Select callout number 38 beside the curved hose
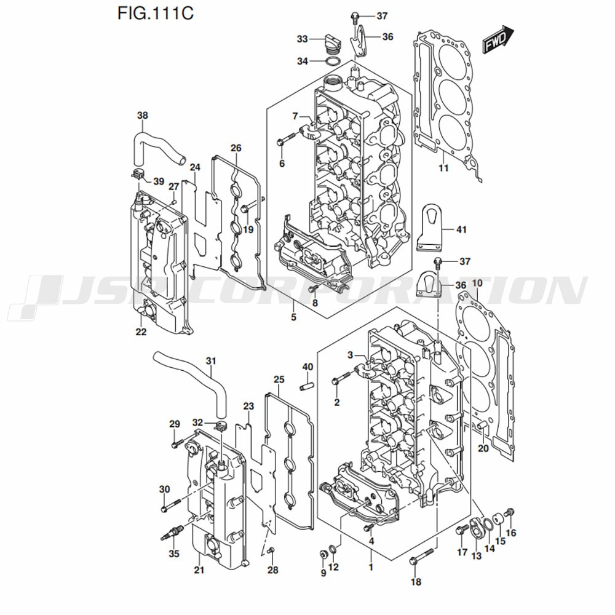(x=143, y=115)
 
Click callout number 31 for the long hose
(x=211, y=361)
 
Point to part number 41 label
(x=461, y=229)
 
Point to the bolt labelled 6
(x=287, y=142)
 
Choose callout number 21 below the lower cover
(x=198, y=570)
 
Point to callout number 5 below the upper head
(x=293, y=317)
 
